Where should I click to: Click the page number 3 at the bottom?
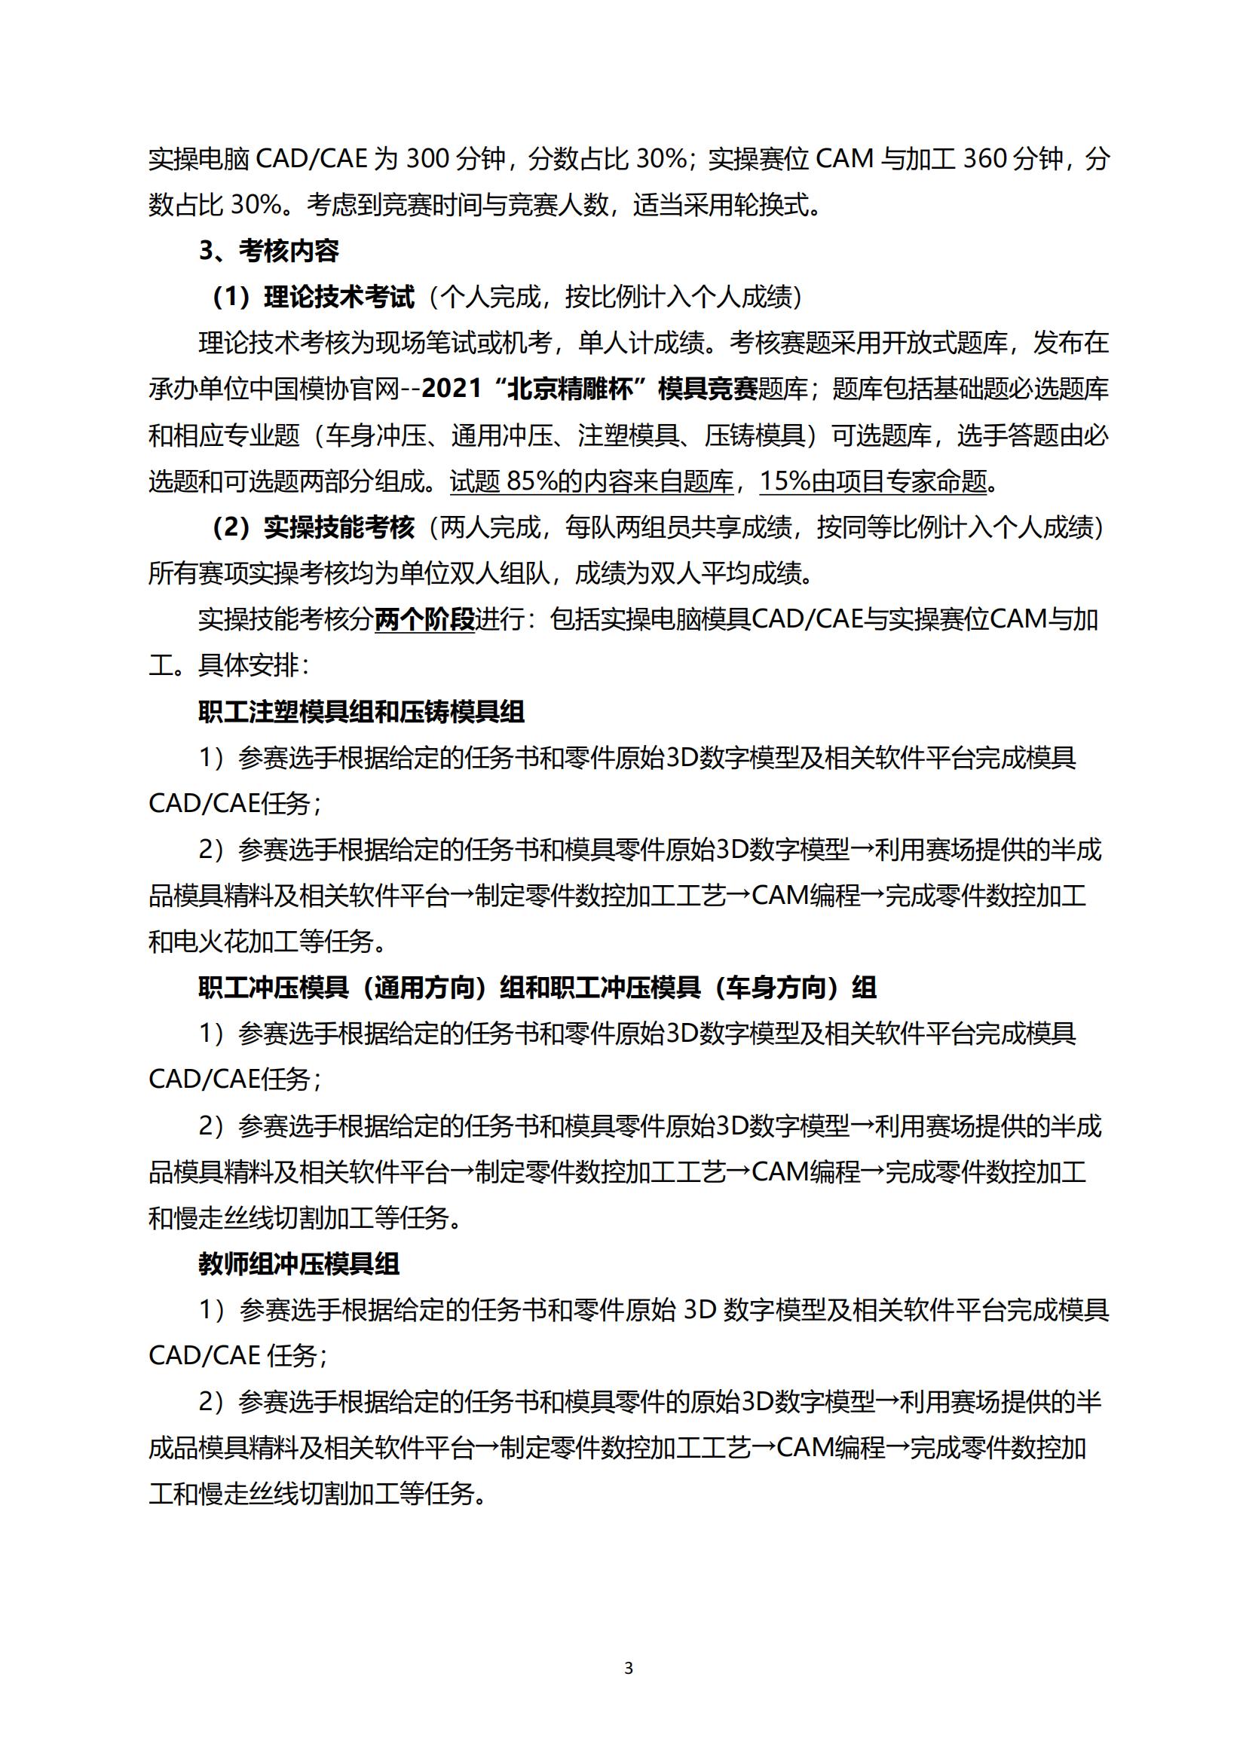629,1668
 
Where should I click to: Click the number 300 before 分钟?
427,159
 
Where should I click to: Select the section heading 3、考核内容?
268,251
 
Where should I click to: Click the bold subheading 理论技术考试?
338,297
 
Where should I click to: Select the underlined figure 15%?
785,481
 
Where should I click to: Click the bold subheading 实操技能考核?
338,527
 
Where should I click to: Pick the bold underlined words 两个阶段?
424,619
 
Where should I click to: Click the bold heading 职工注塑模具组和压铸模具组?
361,711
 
